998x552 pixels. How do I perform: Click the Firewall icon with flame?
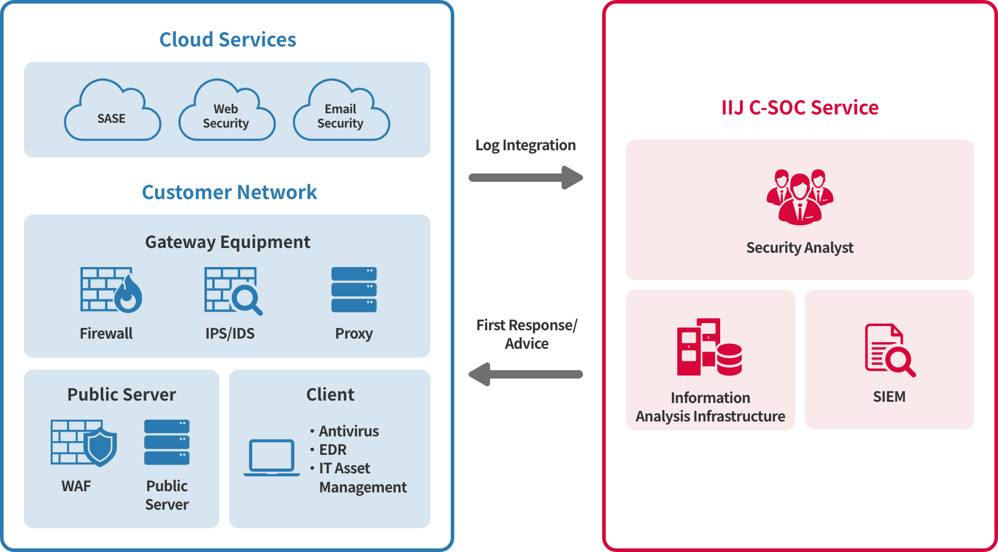click(111, 290)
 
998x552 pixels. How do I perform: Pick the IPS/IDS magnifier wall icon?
click(233, 291)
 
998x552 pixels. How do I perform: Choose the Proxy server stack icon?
click(354, 290)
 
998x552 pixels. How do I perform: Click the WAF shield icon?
click(83, 443)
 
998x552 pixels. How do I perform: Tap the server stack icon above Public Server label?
click(167, 442)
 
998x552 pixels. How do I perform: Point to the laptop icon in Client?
click(272, 458)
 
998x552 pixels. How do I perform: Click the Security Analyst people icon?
click(799, 197)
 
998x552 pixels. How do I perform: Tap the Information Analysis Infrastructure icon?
click(709, 347)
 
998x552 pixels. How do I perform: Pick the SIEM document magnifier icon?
click(889, 350)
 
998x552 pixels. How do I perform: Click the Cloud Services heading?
click(228, 39)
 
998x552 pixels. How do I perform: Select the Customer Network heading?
click(230, 192)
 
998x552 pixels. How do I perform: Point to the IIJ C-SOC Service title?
click(799, 107)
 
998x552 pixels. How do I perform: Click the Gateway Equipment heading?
click(228, 242)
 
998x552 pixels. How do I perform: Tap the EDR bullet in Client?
click(332, 449)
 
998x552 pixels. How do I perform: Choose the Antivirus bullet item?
click(348, 431)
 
